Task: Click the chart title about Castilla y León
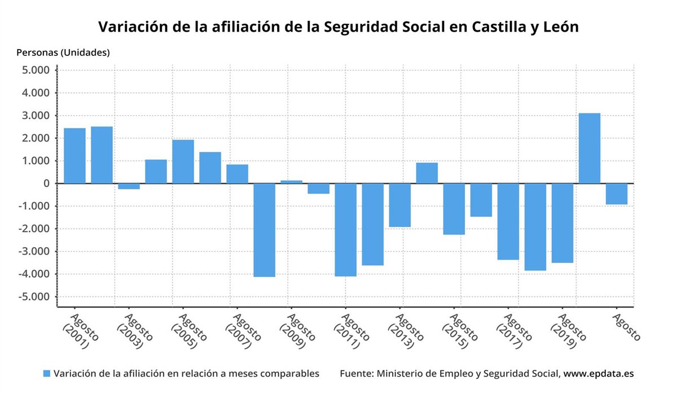pyautogui.click(x=338, y=27)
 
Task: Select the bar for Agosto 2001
pyautogui.click(x=74, y=156)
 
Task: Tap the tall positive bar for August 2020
pyautogui.click(x=590, y=148)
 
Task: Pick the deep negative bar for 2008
pyautogui.click(x=265, y=230)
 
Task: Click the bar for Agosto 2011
pyautogui.click(x=346, y=230)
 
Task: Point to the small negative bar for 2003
pyautogui.click(x=129, y=186)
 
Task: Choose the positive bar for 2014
pyautogui.click(x=427, y=173)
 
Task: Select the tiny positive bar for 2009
pyautogui.click(x=292, y=182)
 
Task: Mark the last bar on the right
pyautogui.click(x=617, y=194)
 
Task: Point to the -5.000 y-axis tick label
pyautogui.click(x=34, y=297)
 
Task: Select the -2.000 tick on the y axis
pyautogui.click(x=34, y=229)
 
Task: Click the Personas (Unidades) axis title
pyautogui.click(x=63, y=53)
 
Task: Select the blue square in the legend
pyautogui.click(x=47, y=374)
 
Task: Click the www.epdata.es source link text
pyautogui.click(x=599, y=374)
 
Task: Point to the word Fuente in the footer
pyautogui.click(x=355, y=374)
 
